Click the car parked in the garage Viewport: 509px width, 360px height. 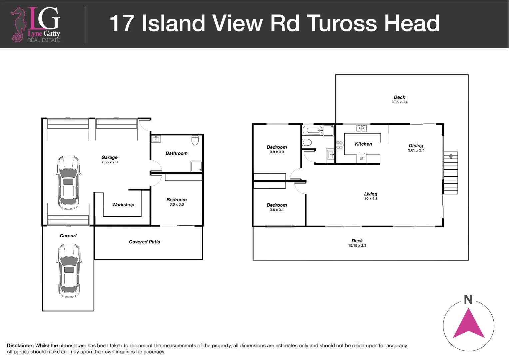click(x=68, y=182)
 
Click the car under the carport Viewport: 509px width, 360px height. click(x=69, y=271)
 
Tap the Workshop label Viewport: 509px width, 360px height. click(x=123, y=205)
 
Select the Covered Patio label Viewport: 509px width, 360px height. click(x=145, y=242)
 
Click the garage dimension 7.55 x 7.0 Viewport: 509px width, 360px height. click(x=110, y=162)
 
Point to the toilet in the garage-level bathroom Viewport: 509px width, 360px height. click(x=195, y=140)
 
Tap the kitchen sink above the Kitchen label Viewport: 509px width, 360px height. click(x=361, y=128)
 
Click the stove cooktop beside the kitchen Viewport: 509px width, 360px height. click(x=339, y=145)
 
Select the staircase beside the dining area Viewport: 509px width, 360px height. click(x=451, y=173)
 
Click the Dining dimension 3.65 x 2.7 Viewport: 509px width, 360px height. click(x=416, y=150)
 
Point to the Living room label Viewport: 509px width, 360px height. click(x=371, y=194)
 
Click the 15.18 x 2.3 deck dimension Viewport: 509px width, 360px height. click(x=357, y=246)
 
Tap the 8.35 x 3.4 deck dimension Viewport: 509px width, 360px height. click(x=399, y=102)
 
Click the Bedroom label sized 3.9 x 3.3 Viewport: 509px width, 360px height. click(x=277, y=147)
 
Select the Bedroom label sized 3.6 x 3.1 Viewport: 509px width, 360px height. click(x=277, y=205)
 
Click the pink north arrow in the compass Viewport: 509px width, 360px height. click(x=468, y=323)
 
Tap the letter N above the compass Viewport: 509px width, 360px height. click(x=468, y=300)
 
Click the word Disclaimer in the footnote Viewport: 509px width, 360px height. click(x=20, y=346)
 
